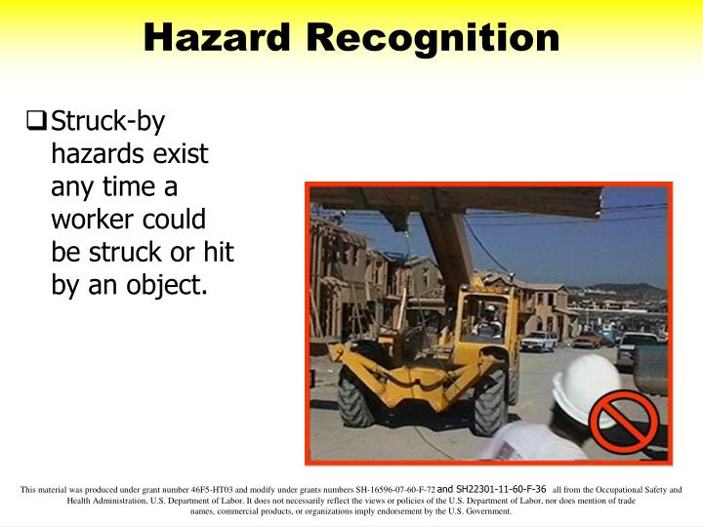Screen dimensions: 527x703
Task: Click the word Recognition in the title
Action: pyautogui.click(x=433, y=38)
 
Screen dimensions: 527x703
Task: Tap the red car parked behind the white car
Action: pyautogui.click(x=587, y=339)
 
